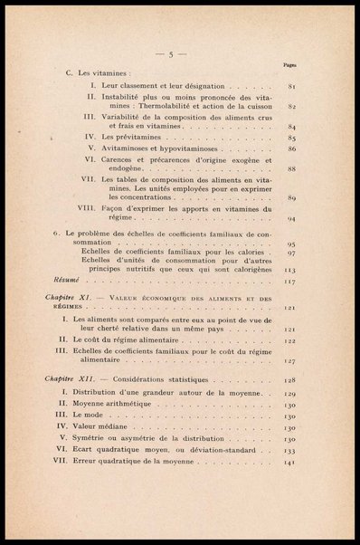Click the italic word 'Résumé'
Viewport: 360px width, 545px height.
click(68, 280)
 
